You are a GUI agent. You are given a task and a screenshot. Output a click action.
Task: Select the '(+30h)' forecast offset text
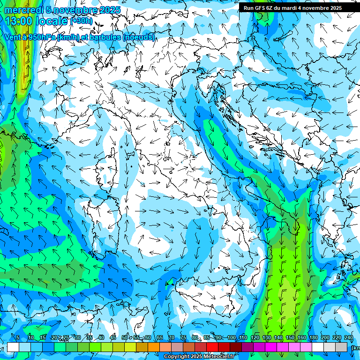coord(82,21)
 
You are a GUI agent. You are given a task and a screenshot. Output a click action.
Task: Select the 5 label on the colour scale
coord(18,338)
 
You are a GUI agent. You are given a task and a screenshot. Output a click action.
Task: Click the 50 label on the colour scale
coord(124,338)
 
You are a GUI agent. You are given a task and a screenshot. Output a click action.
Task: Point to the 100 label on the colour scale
coord(231,338)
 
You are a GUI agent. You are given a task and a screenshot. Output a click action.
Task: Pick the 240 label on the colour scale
coord(349,338)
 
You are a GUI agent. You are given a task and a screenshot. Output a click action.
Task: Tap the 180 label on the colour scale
coord(313,338)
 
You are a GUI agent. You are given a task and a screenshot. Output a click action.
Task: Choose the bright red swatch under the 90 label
coord(212,347)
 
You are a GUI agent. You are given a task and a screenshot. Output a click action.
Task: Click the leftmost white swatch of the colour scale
coord(13,347)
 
